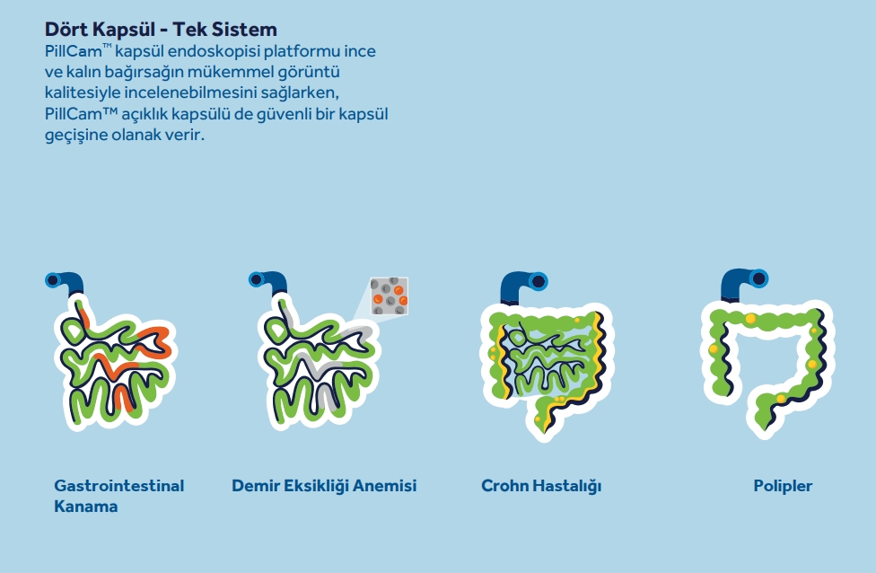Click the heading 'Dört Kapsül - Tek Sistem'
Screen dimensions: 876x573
click(x=161, y=29)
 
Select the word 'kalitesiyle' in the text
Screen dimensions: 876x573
click(x=83, y=93)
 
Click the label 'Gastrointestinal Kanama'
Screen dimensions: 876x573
click(x=119, y=496)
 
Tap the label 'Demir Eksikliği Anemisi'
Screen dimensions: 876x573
click(x=324, y=485)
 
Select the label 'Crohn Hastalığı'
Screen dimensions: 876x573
click(x=541, y=486)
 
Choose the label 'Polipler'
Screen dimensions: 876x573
click(x=783, y=486)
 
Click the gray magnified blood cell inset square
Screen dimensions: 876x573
click(x=390, y=296)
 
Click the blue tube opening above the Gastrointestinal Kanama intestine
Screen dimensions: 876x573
click(x=53, y=280)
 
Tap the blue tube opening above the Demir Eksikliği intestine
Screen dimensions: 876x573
click(x=257, y=279)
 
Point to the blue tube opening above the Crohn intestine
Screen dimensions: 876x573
click(x=539, y=281)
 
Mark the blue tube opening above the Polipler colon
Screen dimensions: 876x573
click(x=758, y=278)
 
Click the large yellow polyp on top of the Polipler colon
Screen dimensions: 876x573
click(x=750, y=319)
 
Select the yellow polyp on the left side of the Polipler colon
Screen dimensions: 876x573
click(x=714, y=348)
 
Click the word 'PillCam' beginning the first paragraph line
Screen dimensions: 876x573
click(x=74, y=51)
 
